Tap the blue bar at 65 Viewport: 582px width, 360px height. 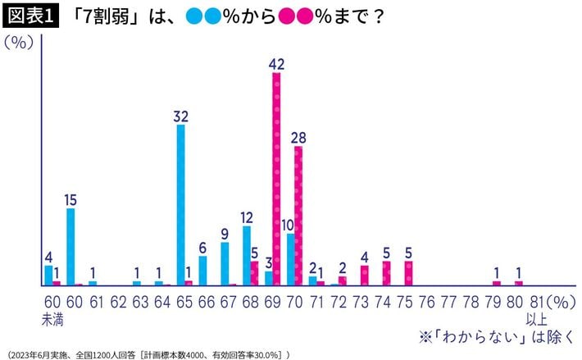point(180,205)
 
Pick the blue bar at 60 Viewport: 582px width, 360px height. point(70,247)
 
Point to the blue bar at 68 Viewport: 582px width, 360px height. point(246,255)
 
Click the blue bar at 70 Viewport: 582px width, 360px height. point(290,259)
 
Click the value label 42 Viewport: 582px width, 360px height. point(276,62)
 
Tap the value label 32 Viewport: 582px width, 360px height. point(180,116)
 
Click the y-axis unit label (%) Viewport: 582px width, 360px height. point(20,43)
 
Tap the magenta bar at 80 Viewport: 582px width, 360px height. point(518,283)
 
